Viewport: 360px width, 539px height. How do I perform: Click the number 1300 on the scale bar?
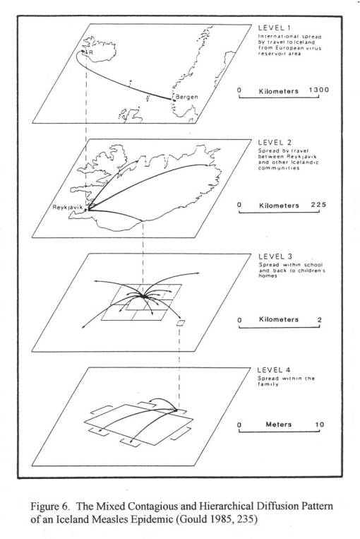pos(318,90)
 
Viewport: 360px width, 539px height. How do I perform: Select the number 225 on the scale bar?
pos(315,205)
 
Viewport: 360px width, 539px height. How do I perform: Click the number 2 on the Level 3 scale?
pos(319,319)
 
